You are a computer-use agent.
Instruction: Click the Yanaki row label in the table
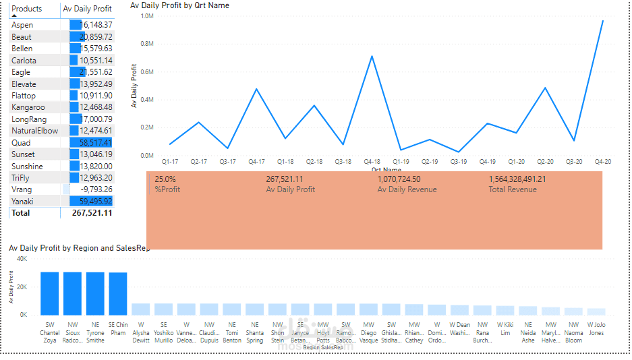[x=22, y=202]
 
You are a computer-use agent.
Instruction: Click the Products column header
[x=27, y=9]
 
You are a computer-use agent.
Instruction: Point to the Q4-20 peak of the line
[x=602, y=21]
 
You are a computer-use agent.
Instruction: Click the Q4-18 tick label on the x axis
[x=372, y=162]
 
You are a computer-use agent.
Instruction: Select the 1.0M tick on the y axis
[x=148, y=16]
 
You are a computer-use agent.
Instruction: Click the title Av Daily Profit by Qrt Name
[x=179, y=5]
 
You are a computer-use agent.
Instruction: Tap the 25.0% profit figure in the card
[x=165, y=179]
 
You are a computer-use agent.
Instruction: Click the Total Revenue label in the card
[x=512, y=189]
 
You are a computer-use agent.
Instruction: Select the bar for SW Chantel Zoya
[x=49, y=293]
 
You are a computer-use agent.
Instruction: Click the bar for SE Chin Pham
[x=118, y=293]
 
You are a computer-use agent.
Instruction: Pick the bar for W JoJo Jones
[x=596, y=311]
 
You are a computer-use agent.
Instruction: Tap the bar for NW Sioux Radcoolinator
[x=72, y=293]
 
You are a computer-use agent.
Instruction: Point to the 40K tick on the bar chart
[x=22, y=259]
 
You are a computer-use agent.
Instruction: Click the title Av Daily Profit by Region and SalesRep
[x=79, y=248]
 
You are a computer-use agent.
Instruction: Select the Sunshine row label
[x=27, y=167]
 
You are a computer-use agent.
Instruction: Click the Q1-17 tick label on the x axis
[x=170, y=162]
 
